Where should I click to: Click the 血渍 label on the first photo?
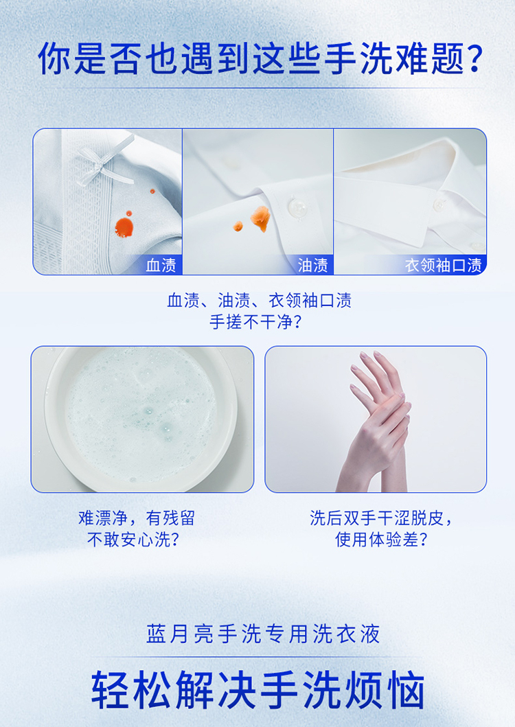[161, 266]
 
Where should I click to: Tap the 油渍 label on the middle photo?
[312, 266]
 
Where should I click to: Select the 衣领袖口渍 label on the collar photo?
[443, 266]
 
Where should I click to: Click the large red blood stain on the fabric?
[124, 227]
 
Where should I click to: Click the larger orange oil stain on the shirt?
[260, 218]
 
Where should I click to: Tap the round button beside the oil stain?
[296, 207]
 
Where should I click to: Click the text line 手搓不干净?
[255, 322]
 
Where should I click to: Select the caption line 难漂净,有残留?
[137, 518]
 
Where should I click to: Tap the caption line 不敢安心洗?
[133, 539]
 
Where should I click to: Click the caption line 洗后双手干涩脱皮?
[381, 518]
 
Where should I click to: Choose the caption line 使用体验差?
[381, 539]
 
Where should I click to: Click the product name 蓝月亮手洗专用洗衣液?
[263, 634]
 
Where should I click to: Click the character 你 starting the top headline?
[54, 59]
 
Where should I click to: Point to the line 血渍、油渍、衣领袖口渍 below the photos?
[260, 301]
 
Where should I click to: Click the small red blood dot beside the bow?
[152, 191]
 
